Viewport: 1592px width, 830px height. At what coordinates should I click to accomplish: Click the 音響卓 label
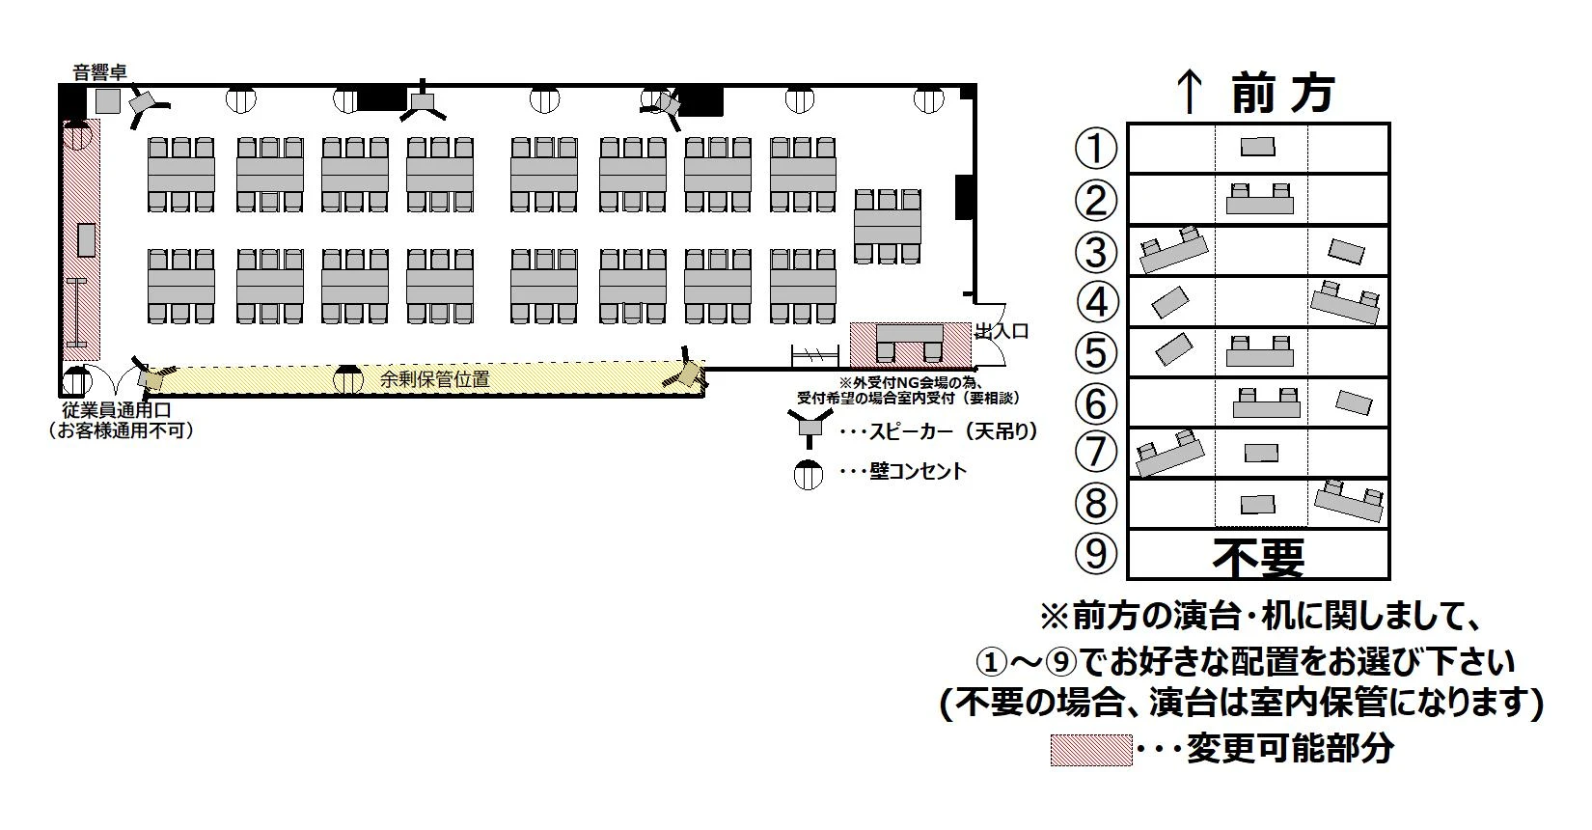tap(100, 71)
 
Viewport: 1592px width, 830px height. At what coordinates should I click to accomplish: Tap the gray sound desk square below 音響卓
tap(107, 100)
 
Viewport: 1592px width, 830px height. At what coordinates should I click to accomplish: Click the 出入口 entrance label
tap(1002, 331)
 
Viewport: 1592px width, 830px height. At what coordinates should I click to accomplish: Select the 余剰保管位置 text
tap(434, 379)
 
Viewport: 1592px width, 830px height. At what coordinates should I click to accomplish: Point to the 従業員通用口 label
tap(117, 410)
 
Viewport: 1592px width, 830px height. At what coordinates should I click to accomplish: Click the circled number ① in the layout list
tap(1096, 149)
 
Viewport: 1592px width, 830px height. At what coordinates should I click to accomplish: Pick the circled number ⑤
tap(1096, 352)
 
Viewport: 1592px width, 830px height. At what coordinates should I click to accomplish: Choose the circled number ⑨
tap(1096, 553)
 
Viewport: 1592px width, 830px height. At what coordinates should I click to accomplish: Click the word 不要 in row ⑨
tap(1258, 556)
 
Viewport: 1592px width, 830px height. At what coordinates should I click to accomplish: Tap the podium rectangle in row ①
tap(1257, 147)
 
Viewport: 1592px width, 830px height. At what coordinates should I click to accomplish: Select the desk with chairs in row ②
tap(1259, 200)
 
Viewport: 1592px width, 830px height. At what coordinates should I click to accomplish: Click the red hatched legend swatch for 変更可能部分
tap(1090, 750)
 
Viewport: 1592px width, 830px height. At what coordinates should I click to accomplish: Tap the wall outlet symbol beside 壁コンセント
tap(808, 474)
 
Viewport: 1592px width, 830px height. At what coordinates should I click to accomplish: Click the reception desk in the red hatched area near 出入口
tap(909, 344)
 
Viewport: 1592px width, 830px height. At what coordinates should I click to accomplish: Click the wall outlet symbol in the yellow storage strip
tap(348, 379)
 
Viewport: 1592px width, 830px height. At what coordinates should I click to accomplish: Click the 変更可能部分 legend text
tap(1290, 749)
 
